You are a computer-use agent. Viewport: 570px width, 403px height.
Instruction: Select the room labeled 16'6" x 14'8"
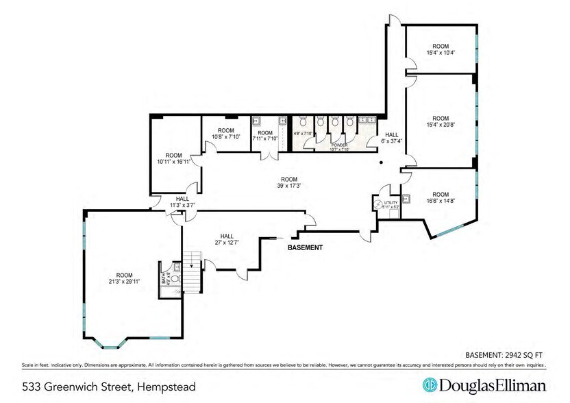tap(441, 199)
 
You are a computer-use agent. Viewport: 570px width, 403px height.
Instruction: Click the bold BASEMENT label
tap(305, 247)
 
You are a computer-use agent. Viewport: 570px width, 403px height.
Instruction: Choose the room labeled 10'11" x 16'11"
tap(169, 158)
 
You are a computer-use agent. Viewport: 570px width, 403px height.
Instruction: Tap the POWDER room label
tap(339, 147)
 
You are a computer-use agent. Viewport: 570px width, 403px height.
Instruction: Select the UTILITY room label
tap(391, 205)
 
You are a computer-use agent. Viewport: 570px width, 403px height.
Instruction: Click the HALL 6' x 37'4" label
tap(391, 138)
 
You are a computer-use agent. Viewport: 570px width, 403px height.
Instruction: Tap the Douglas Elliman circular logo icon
tap(430, 384)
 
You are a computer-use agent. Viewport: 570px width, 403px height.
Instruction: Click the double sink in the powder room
tap(369, 119)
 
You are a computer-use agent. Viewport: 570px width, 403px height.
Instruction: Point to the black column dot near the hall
tap(382, 163)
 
